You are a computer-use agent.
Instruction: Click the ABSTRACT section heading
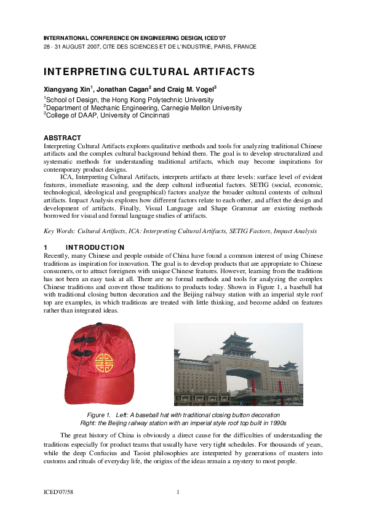point(62,137)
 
